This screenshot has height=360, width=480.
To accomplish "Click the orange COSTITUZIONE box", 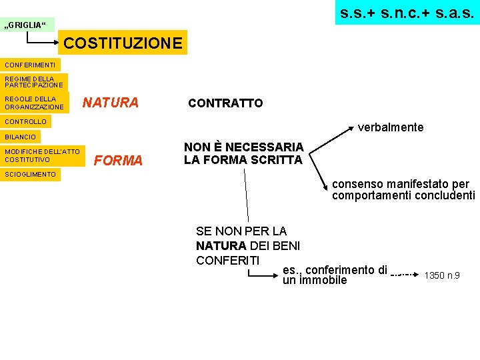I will point(123,43).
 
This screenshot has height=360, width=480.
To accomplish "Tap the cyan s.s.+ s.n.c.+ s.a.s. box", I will point(407,12).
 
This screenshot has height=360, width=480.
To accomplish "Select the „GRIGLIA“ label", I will point(27,25).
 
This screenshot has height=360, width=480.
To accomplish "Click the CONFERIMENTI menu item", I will point(30,65).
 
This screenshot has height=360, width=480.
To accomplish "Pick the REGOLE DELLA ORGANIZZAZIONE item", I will point(34,103).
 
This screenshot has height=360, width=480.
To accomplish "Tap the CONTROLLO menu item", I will point(26,122).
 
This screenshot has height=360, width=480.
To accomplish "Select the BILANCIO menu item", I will point(21,137).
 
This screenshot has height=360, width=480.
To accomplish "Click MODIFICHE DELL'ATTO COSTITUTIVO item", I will point(42,155).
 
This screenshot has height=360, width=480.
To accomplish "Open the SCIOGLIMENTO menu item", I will point(31,174).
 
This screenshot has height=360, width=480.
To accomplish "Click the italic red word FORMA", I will point(119,161).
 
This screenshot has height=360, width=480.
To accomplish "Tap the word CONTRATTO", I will point(225,103).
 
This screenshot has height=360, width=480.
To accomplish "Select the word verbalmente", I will point(391,127).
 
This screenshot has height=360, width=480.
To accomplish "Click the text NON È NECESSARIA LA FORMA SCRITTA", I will point(243,153).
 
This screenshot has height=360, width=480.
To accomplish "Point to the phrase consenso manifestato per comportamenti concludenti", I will point(403,190).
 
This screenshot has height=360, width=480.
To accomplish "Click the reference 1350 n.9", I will point(442,275).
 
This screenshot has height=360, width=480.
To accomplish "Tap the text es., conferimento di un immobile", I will point(334,275).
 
